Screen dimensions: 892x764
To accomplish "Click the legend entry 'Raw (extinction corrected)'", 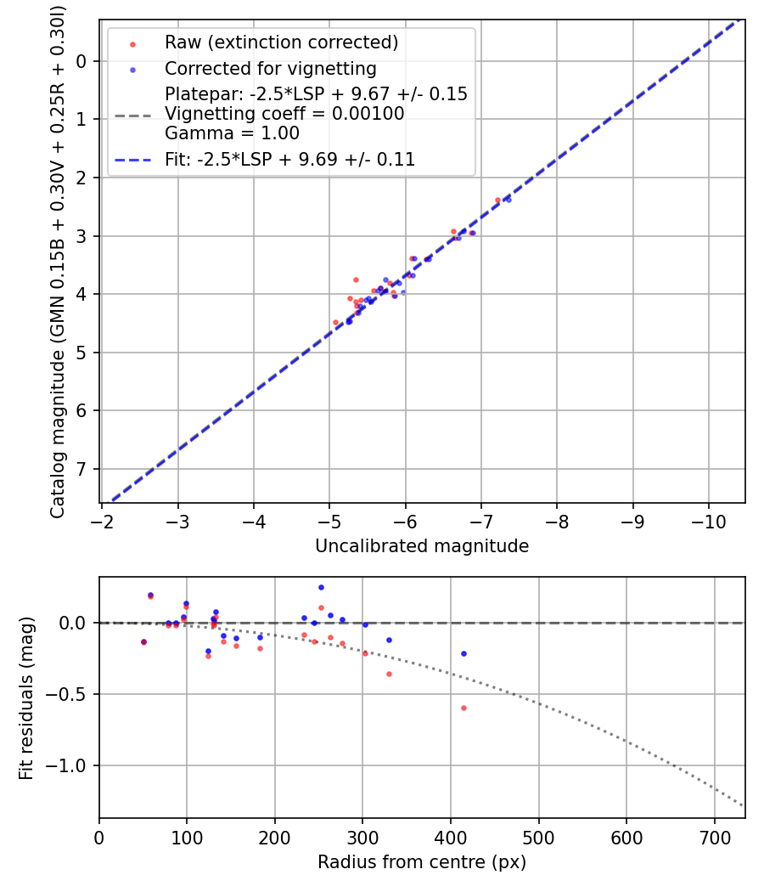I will (281, 42).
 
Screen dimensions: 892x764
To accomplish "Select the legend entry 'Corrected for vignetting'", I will (271, 68).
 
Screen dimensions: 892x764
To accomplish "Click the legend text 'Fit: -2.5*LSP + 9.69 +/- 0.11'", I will (289, 159).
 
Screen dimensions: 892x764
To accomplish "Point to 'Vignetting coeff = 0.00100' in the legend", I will (284, 113).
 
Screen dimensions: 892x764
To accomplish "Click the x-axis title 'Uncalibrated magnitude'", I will (422, 546).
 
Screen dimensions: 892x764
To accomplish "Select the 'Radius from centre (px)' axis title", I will (422, 862).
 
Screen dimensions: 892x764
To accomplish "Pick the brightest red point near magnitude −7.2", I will (497, 200).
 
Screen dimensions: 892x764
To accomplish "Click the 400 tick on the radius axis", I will (450, 836).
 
